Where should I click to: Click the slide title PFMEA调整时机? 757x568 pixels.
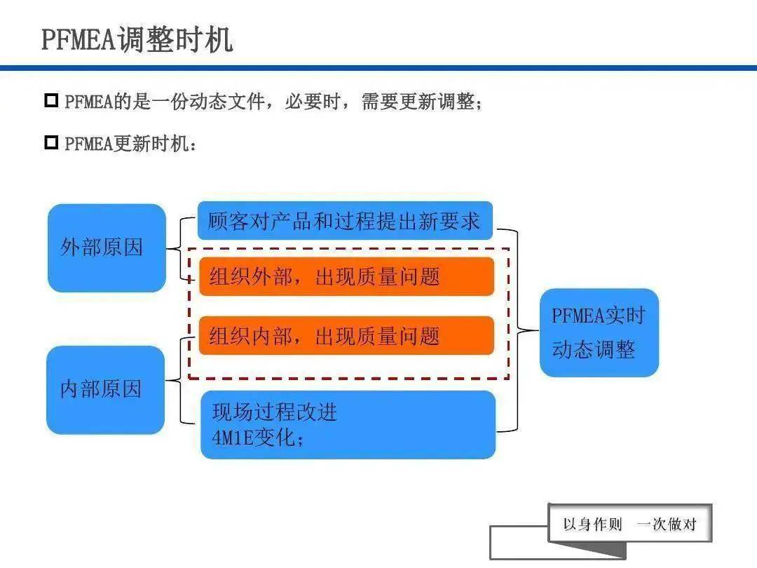tap(136, 40)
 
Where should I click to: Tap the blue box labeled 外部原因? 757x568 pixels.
tap(107, 248)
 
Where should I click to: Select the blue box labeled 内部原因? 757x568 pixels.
tap(105, 390)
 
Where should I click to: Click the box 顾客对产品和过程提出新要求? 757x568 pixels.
tap(344, 222)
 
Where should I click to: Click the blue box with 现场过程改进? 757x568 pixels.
tap(275, 412)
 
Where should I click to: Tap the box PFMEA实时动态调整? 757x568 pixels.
tap(599, 332)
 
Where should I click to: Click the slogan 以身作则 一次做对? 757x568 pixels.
tap(629, 525)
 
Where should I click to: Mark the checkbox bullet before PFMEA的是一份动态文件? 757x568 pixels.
tap(51, 100)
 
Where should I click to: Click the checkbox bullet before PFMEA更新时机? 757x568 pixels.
tap(51, 143)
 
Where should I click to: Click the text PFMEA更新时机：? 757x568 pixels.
tap(131, 144)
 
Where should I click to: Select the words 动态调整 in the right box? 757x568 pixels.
tap(594, 350)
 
